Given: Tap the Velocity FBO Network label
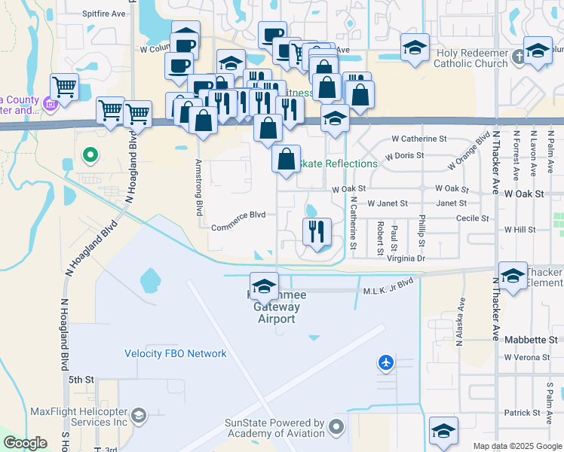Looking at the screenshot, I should tap(176, 353).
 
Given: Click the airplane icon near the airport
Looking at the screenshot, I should tap(386, 363).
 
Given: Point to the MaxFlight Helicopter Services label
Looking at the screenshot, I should tap(79, 417).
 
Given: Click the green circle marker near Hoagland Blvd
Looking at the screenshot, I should tap(90, 156).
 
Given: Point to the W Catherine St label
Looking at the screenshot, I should tap(419, 139).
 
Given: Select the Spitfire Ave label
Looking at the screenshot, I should tap(103, 14).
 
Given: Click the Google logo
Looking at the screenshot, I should tap(25, 443).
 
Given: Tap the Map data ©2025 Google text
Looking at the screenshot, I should tap(517, 446).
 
